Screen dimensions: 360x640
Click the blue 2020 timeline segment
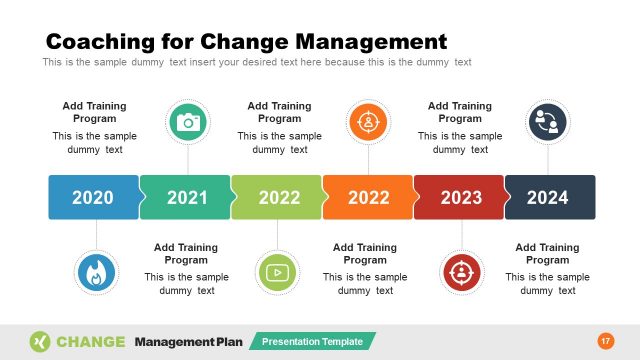93,197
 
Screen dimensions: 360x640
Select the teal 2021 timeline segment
186,197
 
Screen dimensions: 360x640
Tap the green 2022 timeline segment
278,197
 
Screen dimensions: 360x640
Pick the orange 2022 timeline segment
368,197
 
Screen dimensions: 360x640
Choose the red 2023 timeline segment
460,197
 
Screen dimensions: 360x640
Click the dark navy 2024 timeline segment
549,197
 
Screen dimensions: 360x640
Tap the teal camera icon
187,122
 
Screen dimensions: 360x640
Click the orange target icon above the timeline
368,122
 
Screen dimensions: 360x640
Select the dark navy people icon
547,122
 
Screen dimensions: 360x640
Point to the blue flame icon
96,272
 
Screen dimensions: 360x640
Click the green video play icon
277,272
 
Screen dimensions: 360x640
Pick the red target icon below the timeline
461,272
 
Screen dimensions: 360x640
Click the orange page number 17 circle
604,341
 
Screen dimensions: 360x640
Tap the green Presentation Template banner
312,341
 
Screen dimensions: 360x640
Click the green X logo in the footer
40,341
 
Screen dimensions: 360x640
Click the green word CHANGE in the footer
91,341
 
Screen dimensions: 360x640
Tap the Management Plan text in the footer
188,341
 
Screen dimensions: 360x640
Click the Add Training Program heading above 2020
94,112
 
